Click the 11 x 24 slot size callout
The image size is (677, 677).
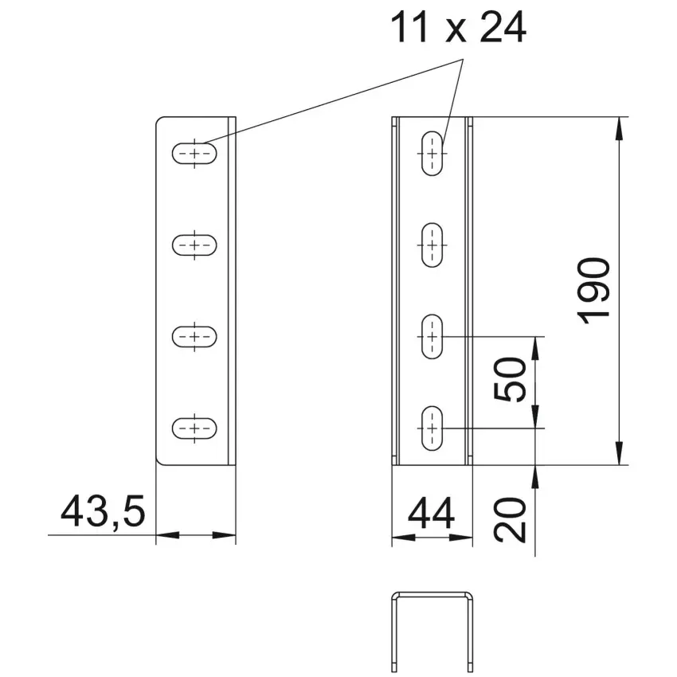coord(458,27)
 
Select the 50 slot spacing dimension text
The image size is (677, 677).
coord(510,379)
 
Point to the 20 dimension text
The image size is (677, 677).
coord(510,520)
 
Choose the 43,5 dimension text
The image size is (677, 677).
coord(103,512)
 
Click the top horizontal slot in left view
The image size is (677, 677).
coord(194,153)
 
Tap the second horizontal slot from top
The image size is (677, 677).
coord(194,245)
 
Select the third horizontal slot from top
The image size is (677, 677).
coord(194,336)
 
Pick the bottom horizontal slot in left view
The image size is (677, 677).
coord(194,429)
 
